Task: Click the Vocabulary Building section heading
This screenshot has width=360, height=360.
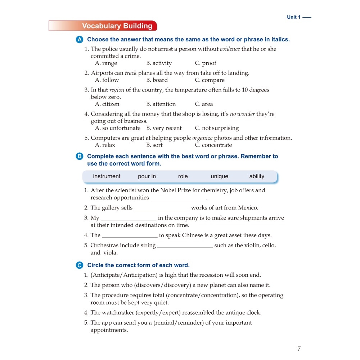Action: (x=117, y=26)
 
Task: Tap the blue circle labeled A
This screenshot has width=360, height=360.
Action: (x=80, y=40)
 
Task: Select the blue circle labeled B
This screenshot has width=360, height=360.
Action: (x=80, y=156)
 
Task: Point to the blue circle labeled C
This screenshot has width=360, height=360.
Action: (x=80, y=265)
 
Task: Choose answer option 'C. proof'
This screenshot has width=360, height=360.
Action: (x=206, y=63)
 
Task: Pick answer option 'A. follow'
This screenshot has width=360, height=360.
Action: (x=107, y=80)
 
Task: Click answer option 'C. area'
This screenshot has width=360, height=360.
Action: (x=204, y=104)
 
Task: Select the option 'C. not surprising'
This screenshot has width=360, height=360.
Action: (x=217, y=128)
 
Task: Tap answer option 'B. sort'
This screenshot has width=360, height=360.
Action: (x=154, y=145)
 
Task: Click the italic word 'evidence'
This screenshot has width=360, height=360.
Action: (x=230, y=49)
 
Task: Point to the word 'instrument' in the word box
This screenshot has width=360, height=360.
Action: (x=107, y=176)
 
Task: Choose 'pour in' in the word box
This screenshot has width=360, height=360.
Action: (x=147, y=176)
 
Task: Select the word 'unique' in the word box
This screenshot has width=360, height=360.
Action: (x=220, y=176)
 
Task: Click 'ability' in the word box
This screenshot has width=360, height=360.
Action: (x=257, y=176)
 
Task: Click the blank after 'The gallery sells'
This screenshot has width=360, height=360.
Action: (x=162, y=208)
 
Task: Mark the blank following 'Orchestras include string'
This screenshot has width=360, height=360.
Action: (x=185, y=246)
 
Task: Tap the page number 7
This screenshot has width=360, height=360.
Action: (x=299, y=348)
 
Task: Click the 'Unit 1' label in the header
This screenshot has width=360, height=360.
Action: (x=294, y=17)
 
